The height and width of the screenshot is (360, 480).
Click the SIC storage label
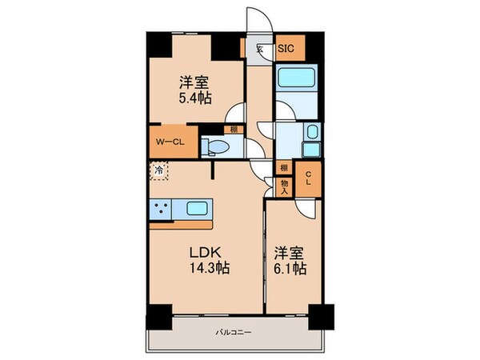[x=286, y=49]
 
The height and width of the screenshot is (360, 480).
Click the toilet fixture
[x=217, y=146]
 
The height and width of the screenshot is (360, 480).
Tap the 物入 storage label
[x=284, y=187]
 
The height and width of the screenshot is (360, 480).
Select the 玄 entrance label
[x=259, y=49]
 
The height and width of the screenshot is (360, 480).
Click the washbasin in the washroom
[x=312, y=134]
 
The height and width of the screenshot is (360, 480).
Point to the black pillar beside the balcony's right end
[x=322, y=315]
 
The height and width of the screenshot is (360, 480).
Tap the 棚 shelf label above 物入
[x=284, y=167]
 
